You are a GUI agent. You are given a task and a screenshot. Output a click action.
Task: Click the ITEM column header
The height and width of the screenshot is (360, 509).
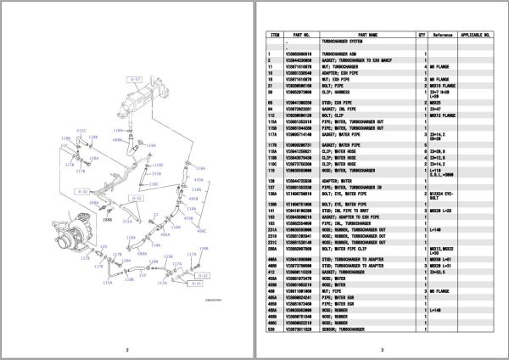tap(275, 35)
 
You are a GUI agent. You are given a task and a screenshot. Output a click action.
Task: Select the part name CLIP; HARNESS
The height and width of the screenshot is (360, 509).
tap(336, 93)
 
